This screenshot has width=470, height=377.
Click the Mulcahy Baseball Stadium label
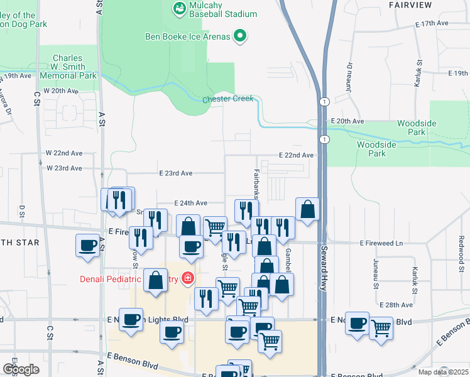[x=214, y=9]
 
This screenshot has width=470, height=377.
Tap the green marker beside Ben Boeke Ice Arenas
[x=239, y=36]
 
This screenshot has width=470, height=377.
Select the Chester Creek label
[x=228, y=99]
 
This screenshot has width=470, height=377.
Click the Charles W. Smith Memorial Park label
[x=68, y=67]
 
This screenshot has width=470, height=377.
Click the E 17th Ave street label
[x=432, y=23]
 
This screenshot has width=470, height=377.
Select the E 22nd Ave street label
[x=296, y=155]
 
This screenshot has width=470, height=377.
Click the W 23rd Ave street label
[x=64, y=168]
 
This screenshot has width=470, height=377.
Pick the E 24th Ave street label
[x=190, y=203]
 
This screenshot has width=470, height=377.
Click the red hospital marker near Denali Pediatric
[x=187, y=278]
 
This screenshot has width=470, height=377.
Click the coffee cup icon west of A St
[x=88, y=245]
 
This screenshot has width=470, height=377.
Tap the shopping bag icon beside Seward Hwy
[x=307, y=209]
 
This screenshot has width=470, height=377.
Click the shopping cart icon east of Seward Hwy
[x=381, y=326]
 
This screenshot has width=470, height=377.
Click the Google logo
[x=21, y=369]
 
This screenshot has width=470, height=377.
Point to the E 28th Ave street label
[x=397, y=305]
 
